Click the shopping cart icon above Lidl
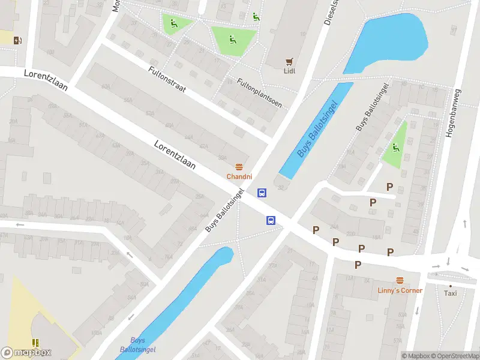point(290,61)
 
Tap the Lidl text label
point(290,70)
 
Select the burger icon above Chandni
point(239,167)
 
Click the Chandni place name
point(239,176)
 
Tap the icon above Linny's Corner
point(400,280)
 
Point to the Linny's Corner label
point(400,290)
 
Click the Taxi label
point(450,293)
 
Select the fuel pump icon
point(18,40)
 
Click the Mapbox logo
point(26,353)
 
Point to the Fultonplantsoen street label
point(259,92)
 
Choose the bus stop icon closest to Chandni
point(262,193)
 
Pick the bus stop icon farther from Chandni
point(271,220)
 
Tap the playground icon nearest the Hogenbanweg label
point(395,148)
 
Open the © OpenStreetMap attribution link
point(454,356)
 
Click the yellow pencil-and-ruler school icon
point(35,343)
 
